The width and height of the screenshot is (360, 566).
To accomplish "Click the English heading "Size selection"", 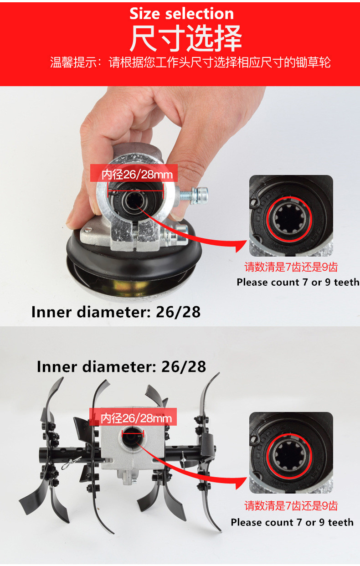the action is (182, 13).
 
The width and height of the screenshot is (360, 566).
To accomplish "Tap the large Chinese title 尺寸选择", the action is (186, 38).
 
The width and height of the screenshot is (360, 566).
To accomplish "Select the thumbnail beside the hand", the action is (291, 216).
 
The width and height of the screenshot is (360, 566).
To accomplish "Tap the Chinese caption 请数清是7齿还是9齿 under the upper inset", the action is (291, 267).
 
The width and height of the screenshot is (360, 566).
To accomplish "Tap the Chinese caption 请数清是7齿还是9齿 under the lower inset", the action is (291, 505).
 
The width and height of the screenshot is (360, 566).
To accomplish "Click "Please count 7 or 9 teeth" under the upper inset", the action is (298, 282).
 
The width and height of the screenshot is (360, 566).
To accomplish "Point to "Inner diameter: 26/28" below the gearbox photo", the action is (116, 312).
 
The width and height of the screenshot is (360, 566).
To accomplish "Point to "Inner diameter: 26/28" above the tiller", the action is (121, 367).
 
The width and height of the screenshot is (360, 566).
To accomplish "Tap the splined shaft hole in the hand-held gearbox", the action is (134, 200).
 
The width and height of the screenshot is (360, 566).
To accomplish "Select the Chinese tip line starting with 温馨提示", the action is (190, 62).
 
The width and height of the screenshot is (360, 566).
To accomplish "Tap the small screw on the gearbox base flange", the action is (87, 230).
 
